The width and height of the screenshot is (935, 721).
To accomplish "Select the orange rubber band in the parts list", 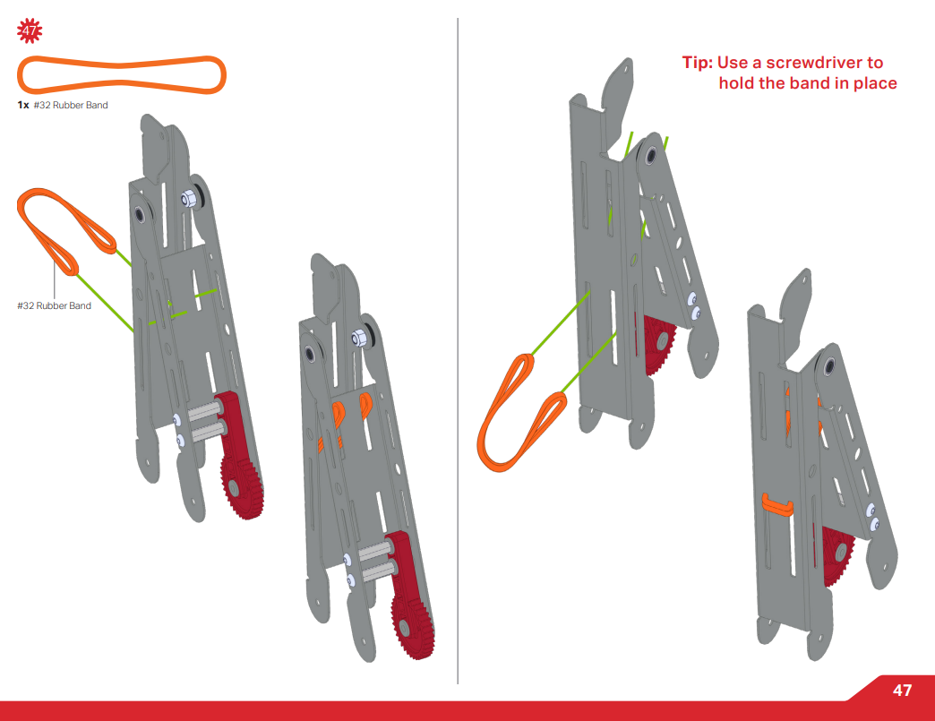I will [x=122, y=75].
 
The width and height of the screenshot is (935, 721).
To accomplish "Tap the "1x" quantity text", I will [x=23, y=106].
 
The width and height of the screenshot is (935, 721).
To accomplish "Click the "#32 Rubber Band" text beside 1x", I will [x=71, y=106].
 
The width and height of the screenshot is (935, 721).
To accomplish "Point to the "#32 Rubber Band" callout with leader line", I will [x=55, y=306].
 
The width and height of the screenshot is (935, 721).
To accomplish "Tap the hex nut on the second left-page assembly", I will [x=358, y=338].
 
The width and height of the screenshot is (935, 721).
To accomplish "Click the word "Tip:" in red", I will [x=698, y=63].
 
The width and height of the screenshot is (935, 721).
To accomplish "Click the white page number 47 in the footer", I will [x=902, y=691].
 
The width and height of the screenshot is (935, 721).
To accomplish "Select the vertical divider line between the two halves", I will [x=458, y=358].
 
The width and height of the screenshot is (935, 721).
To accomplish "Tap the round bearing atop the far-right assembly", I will [x=830, y=365].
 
